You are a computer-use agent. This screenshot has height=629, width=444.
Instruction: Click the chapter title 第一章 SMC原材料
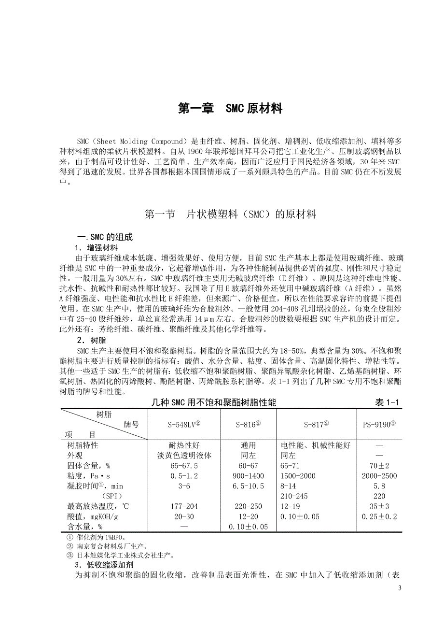tap(230, 109)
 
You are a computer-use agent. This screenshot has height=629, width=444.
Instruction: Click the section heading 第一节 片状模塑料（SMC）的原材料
tap(230, 214)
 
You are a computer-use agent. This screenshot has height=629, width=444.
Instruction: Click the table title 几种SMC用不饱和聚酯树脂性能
tap(214, 402)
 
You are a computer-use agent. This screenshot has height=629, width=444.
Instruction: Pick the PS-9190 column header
tap(379, 425)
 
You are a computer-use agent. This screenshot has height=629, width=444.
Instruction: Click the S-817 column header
tap(317, 425)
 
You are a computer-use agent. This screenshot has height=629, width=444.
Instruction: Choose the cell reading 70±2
tap(379, 466)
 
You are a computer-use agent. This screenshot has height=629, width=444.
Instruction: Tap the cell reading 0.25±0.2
tap(379, 516)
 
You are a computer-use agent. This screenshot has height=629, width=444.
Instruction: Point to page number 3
tap(400, 588)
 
